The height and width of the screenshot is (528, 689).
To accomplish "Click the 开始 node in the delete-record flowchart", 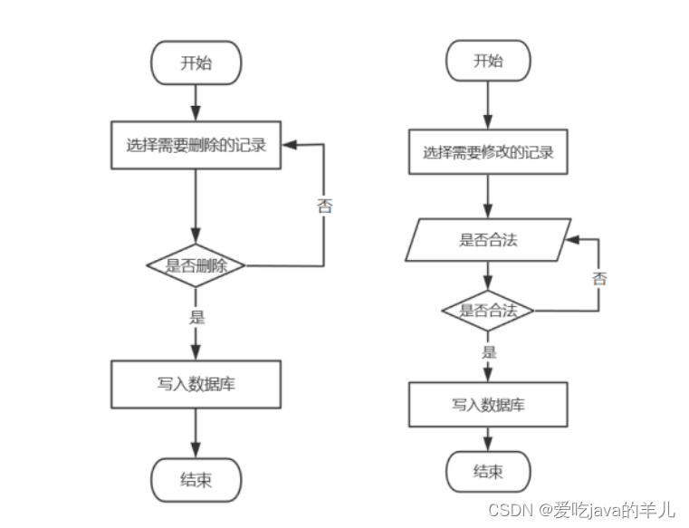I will pyautogui.click(x=196, y=62).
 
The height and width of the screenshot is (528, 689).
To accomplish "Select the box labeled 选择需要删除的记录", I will pyautogui.click(x=196, y=145).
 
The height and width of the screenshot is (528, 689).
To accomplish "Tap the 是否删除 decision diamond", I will pyautogui.click(x=196, y=266).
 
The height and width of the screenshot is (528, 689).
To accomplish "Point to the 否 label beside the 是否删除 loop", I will pyautogui.click(x=324, y=205).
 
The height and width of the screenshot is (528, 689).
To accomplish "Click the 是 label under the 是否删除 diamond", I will pyautogui.click(x=196, y=317).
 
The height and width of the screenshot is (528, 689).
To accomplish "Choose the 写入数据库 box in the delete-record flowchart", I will pyautogui.click(x=196, y=384).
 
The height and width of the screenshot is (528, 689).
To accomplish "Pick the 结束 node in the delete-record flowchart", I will pyautogui.click(x=196, y=479).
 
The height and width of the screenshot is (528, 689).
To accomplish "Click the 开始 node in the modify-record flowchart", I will pyautogui.click(x=488, y=62).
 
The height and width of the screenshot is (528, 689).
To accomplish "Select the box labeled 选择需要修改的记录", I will pyautogui.click(x=488, y=153).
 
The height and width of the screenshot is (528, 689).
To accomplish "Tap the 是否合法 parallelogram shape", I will pyautogui.click(x=488, y=240).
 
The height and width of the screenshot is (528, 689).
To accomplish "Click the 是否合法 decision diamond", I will pyautogui.click(x=488, y=311).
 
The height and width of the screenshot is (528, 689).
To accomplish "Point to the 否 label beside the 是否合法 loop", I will pyautogui.click(x=599, y=278).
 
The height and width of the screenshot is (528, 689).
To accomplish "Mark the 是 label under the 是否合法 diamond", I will pyautogui.click(x=489, y=352).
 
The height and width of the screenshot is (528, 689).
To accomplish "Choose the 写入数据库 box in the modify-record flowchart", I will pyautogui.click(x=488, y=404).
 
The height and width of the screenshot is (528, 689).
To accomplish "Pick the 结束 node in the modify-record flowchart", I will pyautogui.click(x=488, y=472).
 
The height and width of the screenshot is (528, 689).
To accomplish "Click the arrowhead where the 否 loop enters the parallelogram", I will pyautogui.click(x=569, y=241).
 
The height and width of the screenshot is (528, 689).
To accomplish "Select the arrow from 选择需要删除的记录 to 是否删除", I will pyautogui.click(x=196, y=204).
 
